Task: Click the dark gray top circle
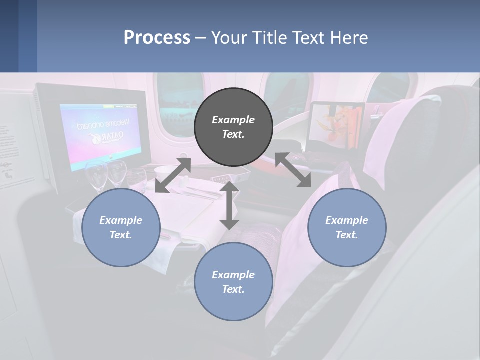tap(233, 127)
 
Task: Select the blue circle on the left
tap(121, 228)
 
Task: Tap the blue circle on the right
tap(347, 228)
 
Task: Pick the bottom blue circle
tap(233, 282)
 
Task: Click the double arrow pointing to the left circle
tap(173, 175)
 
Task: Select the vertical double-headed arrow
tap(229, 205)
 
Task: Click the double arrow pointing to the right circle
tap(293, 170)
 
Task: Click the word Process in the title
tap(157, 37)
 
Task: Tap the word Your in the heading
tap(229, 37)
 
